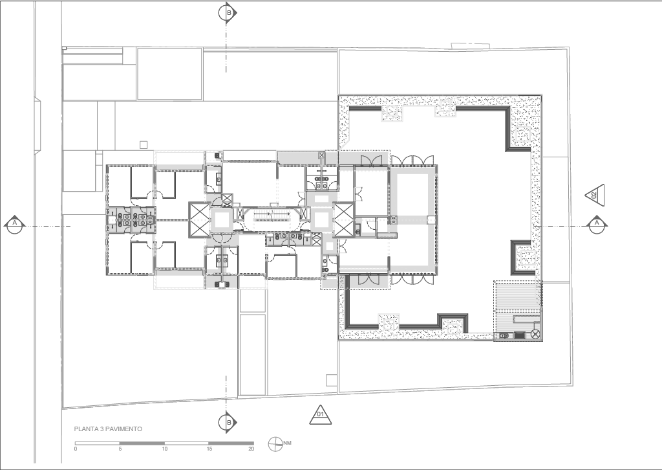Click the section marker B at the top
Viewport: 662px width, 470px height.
click(x=228, y=13)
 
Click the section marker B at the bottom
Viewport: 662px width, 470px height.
click(x=228, y=422)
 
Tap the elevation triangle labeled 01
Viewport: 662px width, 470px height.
click(x=321, y=416)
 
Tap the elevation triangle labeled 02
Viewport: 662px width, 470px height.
click(x=595, y=196)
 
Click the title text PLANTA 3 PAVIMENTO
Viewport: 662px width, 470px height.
click(x=108, y=429)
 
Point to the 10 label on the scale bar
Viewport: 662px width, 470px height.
click(x=165, y=449)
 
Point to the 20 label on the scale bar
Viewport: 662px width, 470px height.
click(x=251, y=449)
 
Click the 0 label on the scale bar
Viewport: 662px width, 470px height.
click(x=76, y=449)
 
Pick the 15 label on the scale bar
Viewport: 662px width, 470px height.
click(x=209, y=449)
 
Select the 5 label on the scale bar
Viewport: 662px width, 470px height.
click(x=120, y=449)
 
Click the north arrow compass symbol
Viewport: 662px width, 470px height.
click(x=275, y=444)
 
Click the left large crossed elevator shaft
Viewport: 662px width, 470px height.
click(x=199, y=219)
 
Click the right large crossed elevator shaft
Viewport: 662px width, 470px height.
click(x=344, y=219)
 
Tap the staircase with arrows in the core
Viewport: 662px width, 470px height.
click(x=272, y=215)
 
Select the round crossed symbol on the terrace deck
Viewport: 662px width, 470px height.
click(x=535, y=334)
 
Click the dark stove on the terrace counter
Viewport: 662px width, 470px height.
click(x=519, y=335)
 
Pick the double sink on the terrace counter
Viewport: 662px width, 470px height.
click(x=504, y=335)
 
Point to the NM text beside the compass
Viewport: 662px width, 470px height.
click(x=288, y=443)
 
